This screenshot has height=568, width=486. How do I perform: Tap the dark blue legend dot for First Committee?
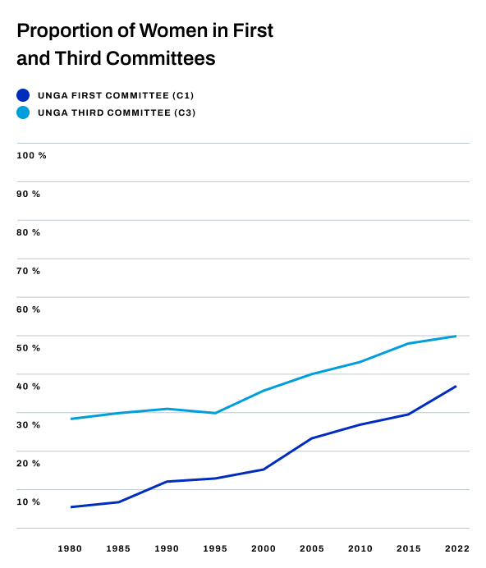(x=23, y=95)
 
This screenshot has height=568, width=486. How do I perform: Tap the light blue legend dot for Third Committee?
(x=23, y=112)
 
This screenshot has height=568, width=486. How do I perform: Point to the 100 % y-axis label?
(x=31, y=155)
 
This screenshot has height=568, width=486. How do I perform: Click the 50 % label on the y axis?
(x=29, y=348)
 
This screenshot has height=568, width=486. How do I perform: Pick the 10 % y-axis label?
(x=29, y=502)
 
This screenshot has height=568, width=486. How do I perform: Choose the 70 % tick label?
(x=29, y=271)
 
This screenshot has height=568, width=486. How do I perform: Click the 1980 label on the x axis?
(x=71, y=548)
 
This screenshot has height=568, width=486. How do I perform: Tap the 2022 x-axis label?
(x=456, y=548)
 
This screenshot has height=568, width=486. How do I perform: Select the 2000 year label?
(x=264, y=548)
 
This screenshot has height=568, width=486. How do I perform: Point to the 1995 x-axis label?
(x=215, y=548)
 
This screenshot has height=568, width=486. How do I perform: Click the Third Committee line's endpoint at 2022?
(x=456, y=336)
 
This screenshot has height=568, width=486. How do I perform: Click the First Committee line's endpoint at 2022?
(x=456, y=386)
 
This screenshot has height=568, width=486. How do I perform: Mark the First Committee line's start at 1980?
(x=71, y=506)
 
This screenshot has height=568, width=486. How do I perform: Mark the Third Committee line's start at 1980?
(x=71, y=419)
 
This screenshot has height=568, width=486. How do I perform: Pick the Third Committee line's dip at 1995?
(x=215, y=413)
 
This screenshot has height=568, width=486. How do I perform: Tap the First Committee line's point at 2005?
(x=311, y=438)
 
